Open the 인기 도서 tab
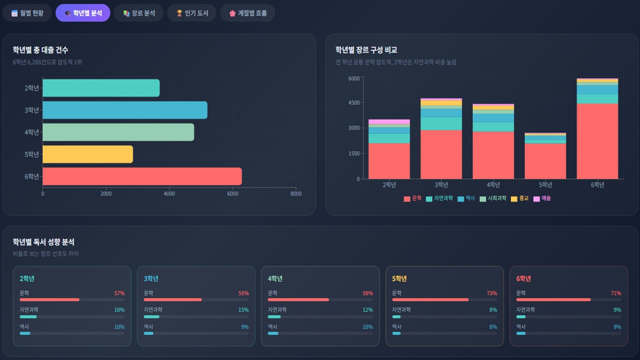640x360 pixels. (191, 13)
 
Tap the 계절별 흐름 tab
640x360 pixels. (247, 13)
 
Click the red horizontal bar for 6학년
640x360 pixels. (142, 176)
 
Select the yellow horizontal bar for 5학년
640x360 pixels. (87, 154)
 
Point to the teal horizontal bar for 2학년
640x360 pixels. (101, 88)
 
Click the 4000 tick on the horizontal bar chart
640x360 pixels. (169, 193)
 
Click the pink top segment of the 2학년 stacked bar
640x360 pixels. (389, 121)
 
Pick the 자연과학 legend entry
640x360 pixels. (439, 198)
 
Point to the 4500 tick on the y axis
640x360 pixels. (353, 102)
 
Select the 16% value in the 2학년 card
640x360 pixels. (119, 310)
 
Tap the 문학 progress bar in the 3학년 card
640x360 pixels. (172, 299)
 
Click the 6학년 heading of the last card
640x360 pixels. (523, 278)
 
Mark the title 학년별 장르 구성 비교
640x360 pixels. (366, 50)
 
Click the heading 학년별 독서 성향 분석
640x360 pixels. (43, 242)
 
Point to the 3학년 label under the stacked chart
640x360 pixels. (441, 185)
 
